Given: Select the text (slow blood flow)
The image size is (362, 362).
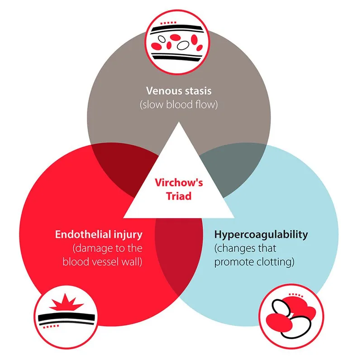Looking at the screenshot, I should (180, 105).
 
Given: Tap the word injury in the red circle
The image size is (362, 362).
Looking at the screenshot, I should (130, 235).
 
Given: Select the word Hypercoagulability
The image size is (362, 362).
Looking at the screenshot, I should (261, 235).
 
